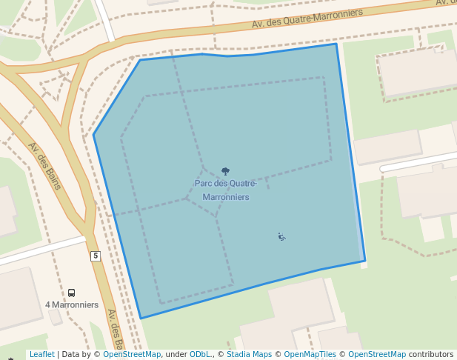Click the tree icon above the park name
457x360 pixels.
[x=225, y=172]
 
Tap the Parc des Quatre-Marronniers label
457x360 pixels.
[x=225, y=190]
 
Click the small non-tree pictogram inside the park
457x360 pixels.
[x=281, y=237]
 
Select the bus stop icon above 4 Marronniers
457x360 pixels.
[x=71, y=293]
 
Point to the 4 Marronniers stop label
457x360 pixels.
[x=72, y=304]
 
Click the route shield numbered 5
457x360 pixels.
[x=95, y=256]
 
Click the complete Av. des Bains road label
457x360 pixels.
[x=44, y=165]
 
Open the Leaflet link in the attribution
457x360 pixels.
[x=41, y=354]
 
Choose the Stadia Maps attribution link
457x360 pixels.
[x=249, y=354]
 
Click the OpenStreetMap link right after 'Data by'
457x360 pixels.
[x=131, y=354]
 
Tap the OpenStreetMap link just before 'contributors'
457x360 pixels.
[x=377, y=354]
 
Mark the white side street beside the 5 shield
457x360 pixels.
[x=44, y=251]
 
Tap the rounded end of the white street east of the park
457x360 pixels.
[x=384, y=169]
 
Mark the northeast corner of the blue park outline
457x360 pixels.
[x=336, y=44]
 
